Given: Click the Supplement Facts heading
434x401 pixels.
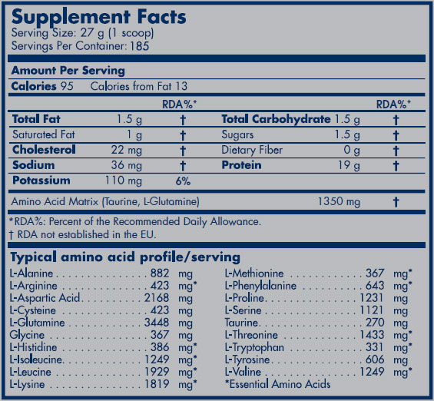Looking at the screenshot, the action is click(98, 17).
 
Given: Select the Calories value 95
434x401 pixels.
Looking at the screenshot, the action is click(67, 86).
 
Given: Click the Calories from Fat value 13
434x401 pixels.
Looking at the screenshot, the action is click(181, 86).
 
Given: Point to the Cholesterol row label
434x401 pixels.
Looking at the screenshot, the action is click(44, 150).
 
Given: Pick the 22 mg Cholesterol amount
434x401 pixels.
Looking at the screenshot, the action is click(127, 151).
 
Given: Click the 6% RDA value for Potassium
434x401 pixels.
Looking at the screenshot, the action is click(183, 181).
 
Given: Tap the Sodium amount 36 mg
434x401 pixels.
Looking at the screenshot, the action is click(127, 165).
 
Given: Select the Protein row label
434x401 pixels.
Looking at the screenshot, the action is click(241, 165).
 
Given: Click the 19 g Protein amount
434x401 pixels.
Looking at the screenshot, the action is click(349, 165).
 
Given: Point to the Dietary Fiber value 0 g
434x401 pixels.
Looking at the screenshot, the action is click(352, 151).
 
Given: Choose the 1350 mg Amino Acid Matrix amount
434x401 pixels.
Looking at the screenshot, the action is click(339, 201).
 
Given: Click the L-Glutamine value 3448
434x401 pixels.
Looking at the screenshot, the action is click(157, 323).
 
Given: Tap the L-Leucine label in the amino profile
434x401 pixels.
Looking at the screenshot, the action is click(30, 372).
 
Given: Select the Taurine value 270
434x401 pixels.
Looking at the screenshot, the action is click(375, 323).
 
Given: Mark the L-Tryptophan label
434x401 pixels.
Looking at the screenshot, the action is click(254, 347).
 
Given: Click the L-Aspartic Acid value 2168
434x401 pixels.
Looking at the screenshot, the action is click(157, 298).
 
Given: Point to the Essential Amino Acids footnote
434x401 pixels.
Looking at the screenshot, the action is click(277, 384).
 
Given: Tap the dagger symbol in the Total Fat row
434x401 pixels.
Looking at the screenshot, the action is click(183, 120).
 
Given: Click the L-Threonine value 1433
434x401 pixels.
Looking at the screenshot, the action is click(372, 335).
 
